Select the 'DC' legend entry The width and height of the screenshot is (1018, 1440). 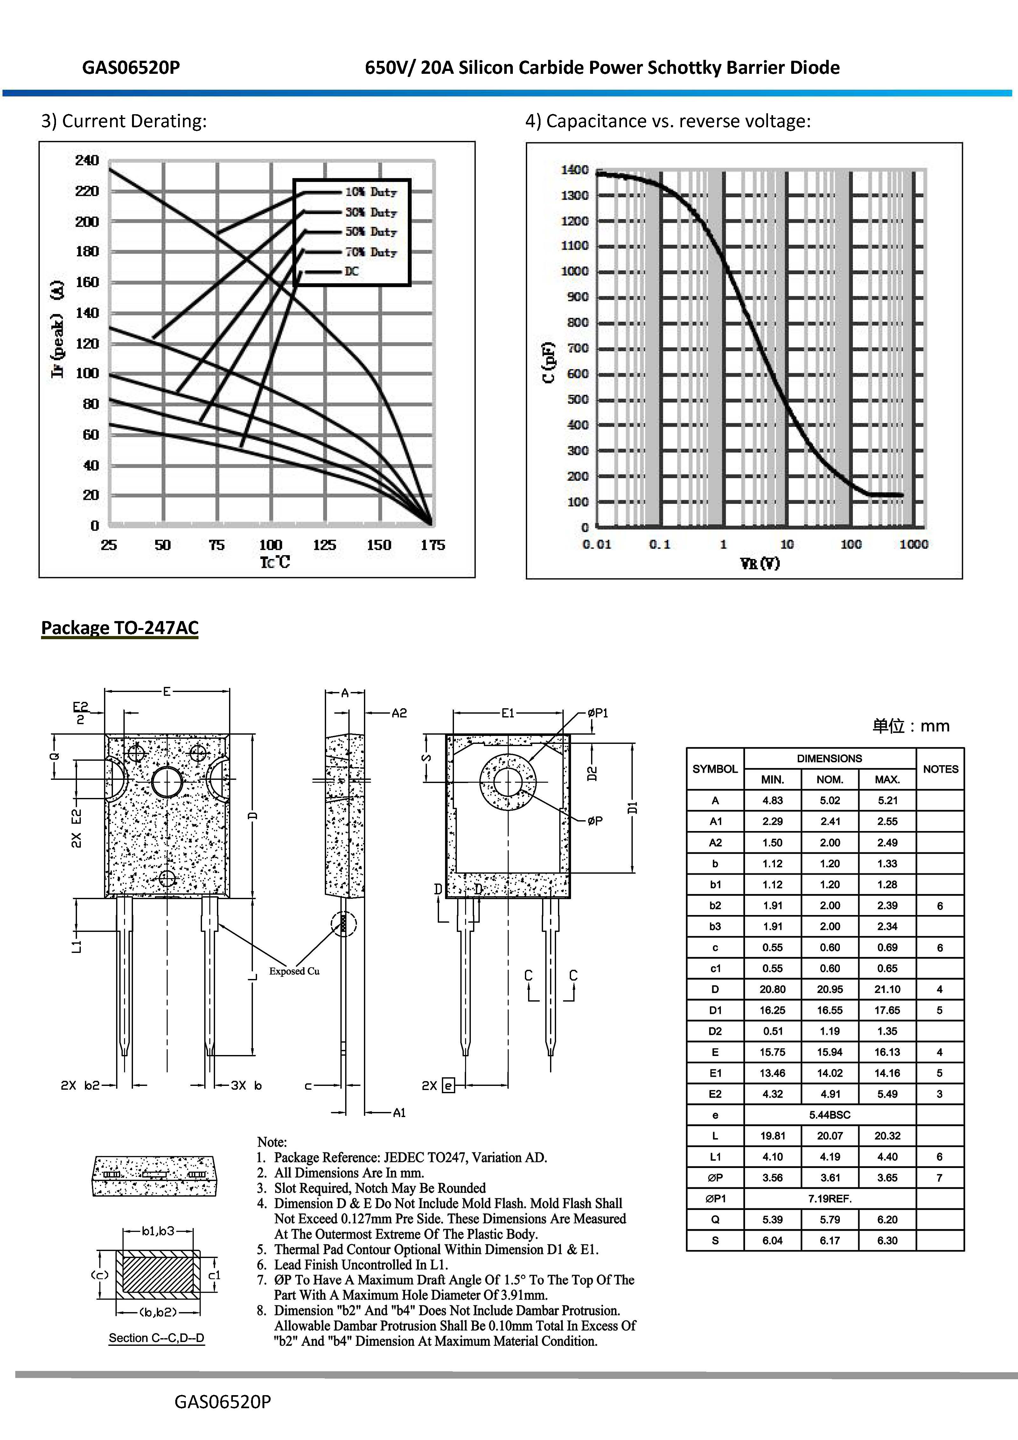pyautogui.click(x=351, y=272)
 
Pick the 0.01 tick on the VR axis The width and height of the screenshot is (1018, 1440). pyautogui.click(x=596, y=544)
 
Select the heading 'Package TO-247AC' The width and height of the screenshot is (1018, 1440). pyautogui.click(x=120, y=628)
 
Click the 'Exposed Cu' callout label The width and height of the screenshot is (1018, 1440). pyautogui.click(x=294, y=971)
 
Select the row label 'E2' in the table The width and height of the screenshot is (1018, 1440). pyautogui.click(x=715, y=1094)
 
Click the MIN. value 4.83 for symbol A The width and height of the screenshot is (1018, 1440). pyautogui.click(x=772, y=800)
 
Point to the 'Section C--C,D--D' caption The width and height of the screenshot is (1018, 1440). pyautogui.click(x=156, y=1338)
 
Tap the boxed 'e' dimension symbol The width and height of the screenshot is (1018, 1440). pyautogui.click(x=448, y=1085)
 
